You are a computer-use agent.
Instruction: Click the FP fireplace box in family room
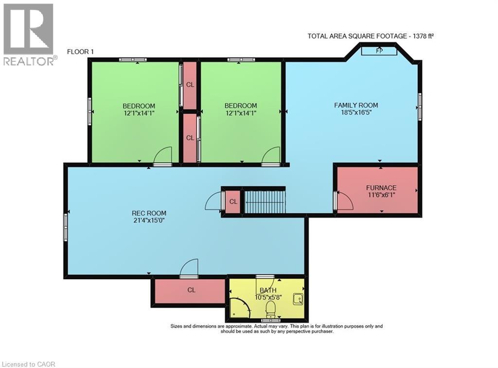click(x=379, y=50)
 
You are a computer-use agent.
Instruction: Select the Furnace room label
click(x=381, y=188)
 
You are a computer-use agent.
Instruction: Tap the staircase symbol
click(x=264, y=201)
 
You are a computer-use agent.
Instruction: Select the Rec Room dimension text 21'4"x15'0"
click(x=149, y=221)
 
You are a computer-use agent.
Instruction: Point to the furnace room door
click(x=344, y=201)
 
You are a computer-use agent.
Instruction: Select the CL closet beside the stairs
click(x=233, y=201)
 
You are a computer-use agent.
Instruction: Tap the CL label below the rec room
click(x=191, y=290)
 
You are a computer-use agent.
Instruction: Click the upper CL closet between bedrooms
click(x=190, y=84)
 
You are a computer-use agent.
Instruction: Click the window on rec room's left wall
click(x=65, y=227)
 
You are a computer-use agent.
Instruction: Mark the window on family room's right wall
click(x=420, y=103)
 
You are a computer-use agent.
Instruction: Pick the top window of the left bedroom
click(x=133, y=60)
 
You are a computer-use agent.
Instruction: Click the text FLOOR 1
click(x=81, y=51)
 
